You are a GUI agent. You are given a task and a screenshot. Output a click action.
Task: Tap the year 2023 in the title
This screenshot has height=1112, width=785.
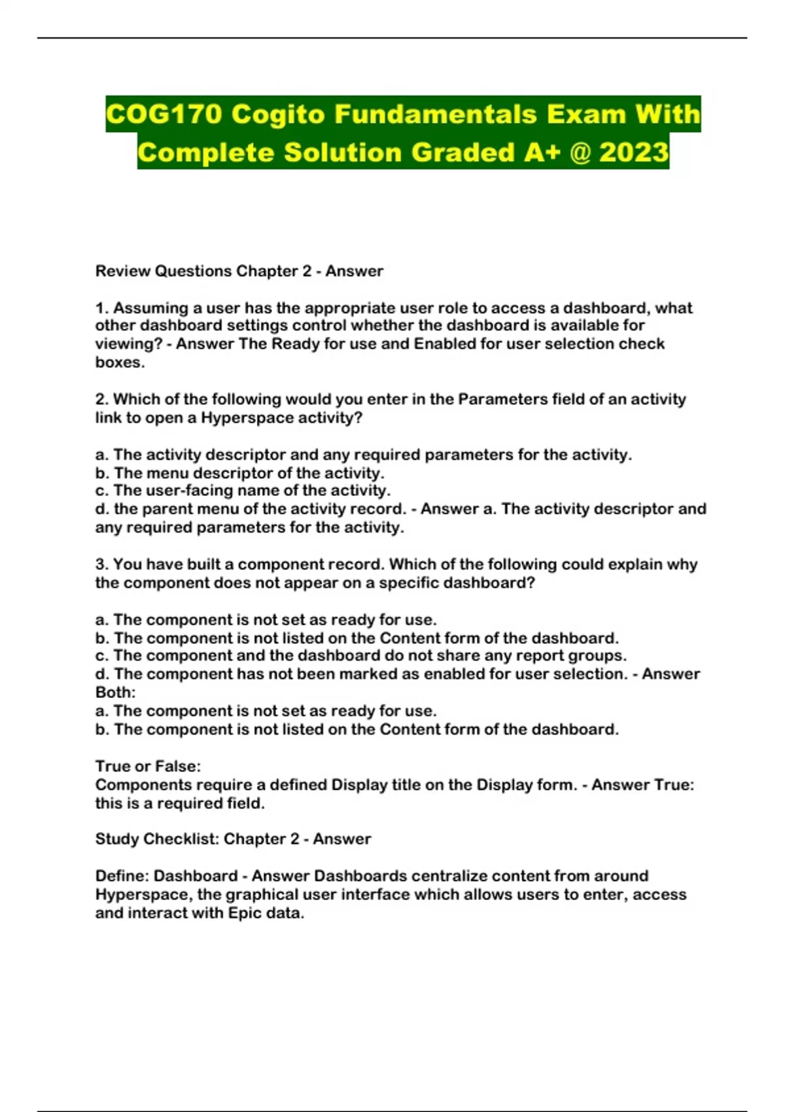634,153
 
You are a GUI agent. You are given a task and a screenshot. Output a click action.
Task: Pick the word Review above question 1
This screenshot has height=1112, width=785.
122,271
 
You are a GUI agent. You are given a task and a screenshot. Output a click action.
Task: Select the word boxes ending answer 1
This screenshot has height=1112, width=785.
120,362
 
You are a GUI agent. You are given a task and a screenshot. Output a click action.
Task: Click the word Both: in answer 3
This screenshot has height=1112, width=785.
115,692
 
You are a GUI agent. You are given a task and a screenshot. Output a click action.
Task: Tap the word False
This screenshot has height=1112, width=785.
177,766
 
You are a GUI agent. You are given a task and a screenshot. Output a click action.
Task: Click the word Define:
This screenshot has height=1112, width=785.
122,876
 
